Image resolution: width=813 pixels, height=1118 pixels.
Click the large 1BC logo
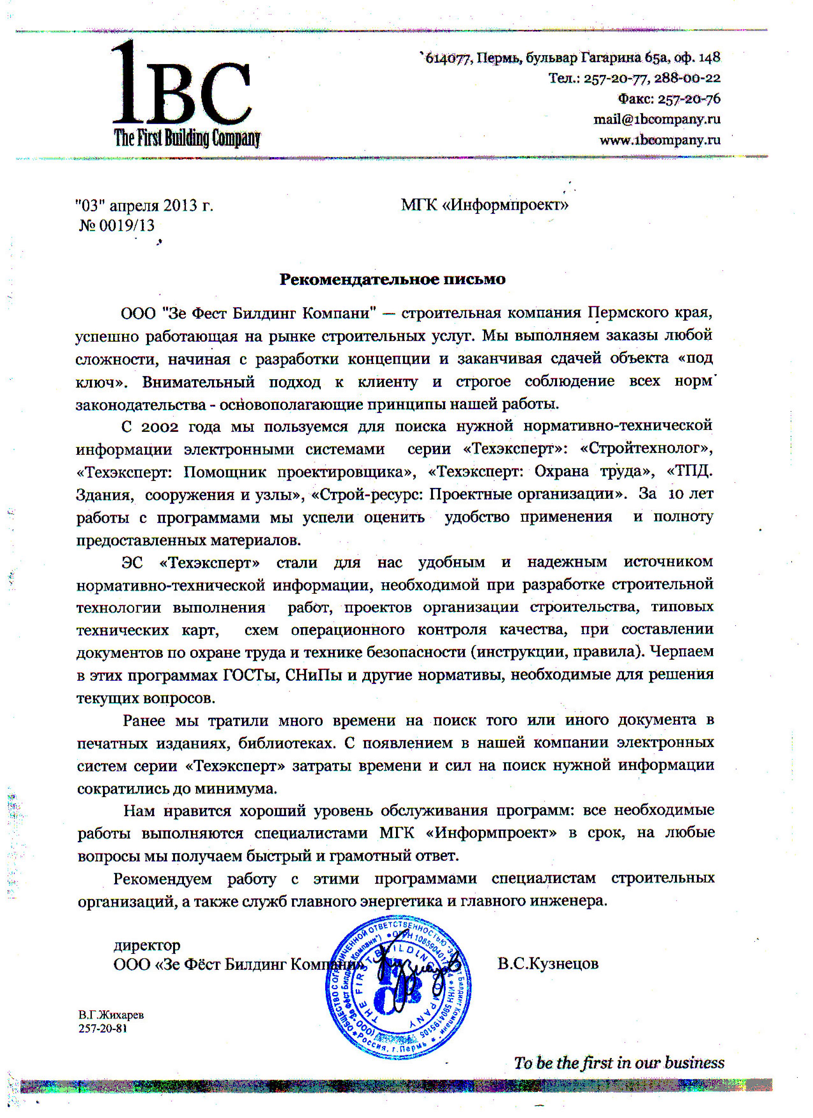pyautogui.click(x=181, y=84)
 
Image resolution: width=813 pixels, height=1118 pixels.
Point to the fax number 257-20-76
pyautogui.click(x=689, y=99)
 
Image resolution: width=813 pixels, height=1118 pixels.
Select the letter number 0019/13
pyautogui.click(x=127, y=226)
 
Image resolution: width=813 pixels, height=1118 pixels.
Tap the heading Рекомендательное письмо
pyautogui.click(x=392, y=279)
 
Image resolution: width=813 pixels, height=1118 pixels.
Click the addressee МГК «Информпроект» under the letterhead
pyautogui.click(x=484, y=205)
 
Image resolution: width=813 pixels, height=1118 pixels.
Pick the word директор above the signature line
pyautogui.click(x=147, y=946)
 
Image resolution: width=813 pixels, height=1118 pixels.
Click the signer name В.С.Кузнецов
pyautogui.click(x=548, y=964)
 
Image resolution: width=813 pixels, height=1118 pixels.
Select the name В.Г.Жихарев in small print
pyautogui.click(x=111, y=1015)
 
